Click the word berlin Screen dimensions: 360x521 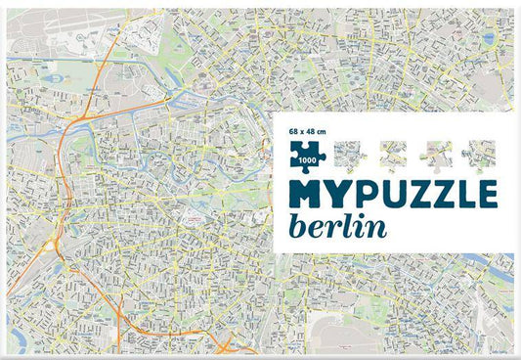tap(336, 225)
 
